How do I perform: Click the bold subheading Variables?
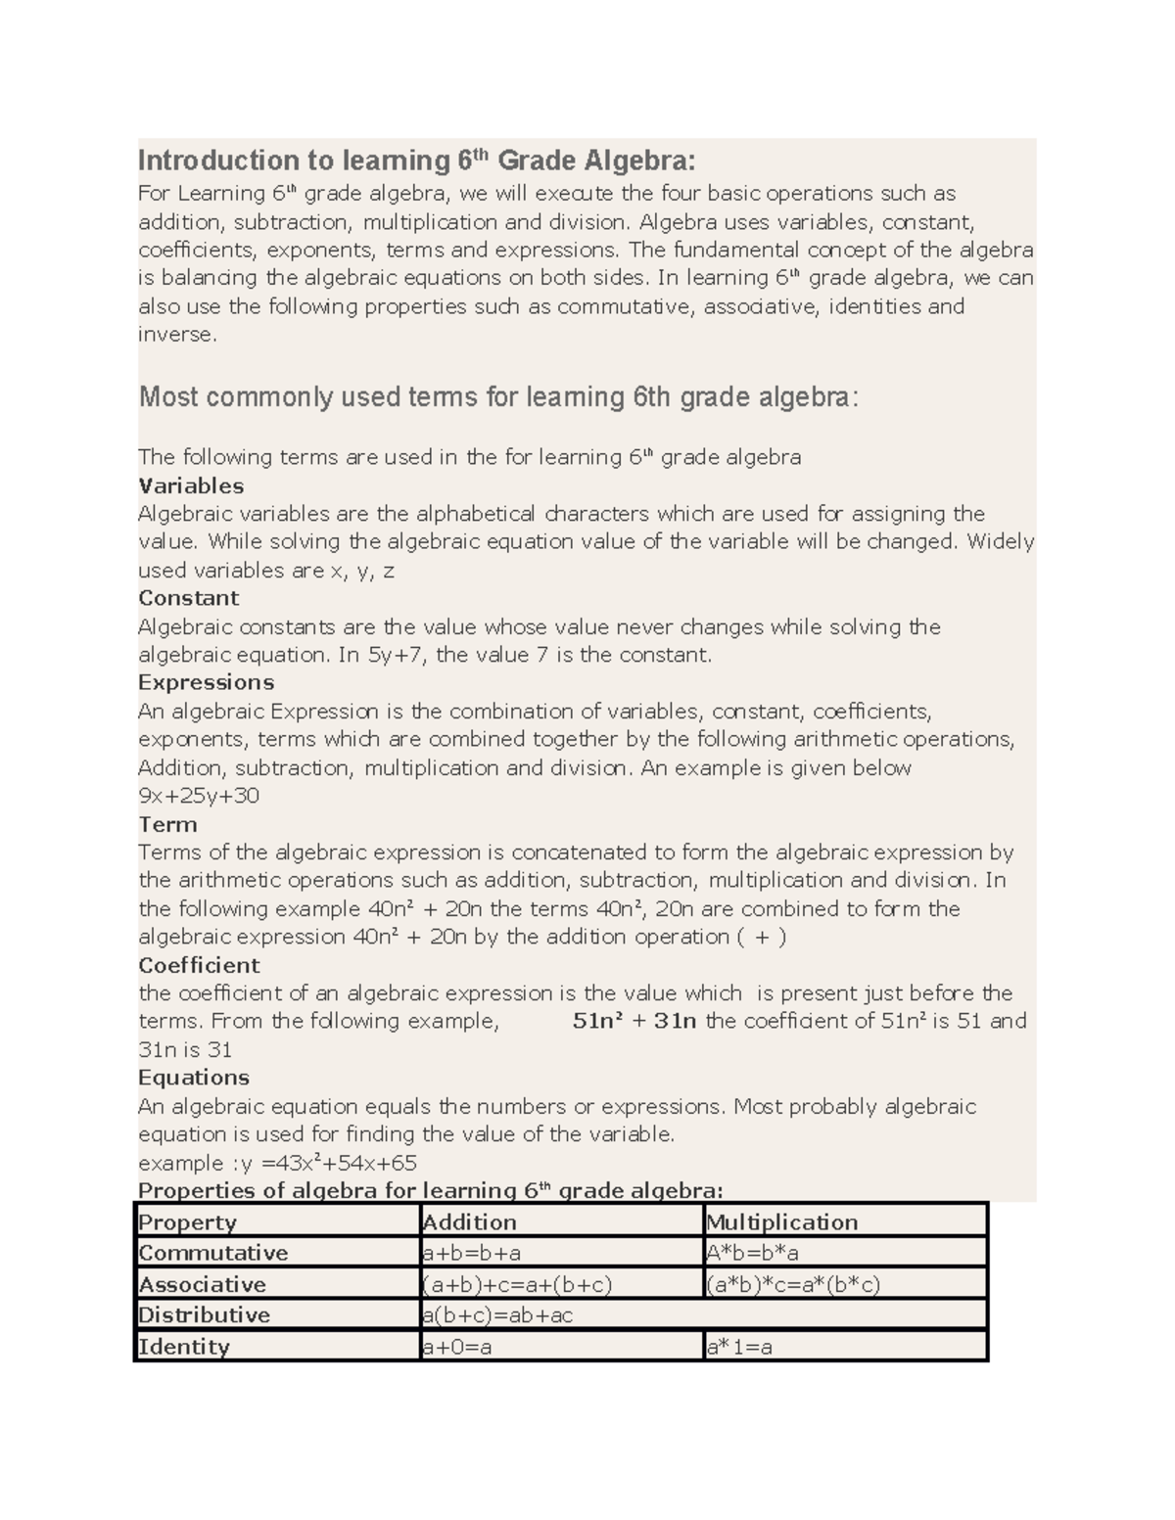pyautogui.click(x=191, y=485)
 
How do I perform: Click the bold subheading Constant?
pyautogui.click(x=188, y=598)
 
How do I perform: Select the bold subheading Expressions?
pyautogui.click(x=206, y=682)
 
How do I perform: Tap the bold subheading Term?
pyautogui.click(x=167, y=824)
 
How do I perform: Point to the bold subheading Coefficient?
pyautogui.click(x=199, y=965)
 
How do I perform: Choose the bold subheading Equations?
pyautogui.click(x=194, y=1078)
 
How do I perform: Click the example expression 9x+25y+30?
pyautogui.click(x=199, y=796)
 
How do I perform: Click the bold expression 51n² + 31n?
pyautogui.click(x=634, y=1021)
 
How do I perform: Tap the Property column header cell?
pyautogui.click(x=188, y=1222)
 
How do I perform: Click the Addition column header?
pyautogui.click(x=469, y=1222)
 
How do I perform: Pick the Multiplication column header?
pyautogui.click(x=781, y=1222)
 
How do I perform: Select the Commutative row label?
pyautogui.click(x=213, y=1253)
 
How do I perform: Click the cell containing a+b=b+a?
pyautogui.click(x=471, y=1253)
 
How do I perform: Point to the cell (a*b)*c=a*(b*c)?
pyautogui.click(x=792, y=1284)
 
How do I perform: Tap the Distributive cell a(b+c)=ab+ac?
pyautogui.click(x=497, y=1315)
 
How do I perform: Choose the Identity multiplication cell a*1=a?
pyautogui.click(x=739, y=1347)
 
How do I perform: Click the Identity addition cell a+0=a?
pyautogui.click(x=456, y=1347)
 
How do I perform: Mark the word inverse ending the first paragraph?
pyautogui.click(x=175, y=335)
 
